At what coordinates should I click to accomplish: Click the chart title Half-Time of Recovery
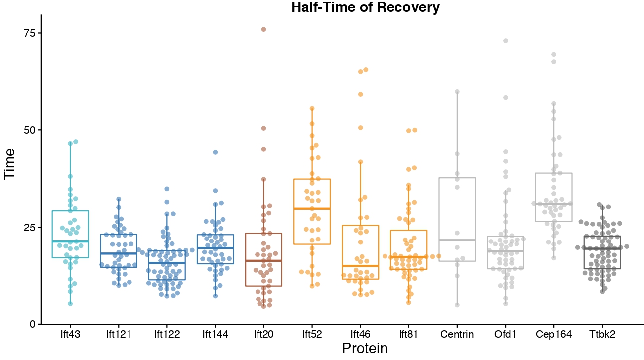(359, 7)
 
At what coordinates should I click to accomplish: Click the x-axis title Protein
(365, 348)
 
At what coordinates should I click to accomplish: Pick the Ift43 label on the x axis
(70, 334)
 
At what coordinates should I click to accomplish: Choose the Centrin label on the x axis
(457, 334)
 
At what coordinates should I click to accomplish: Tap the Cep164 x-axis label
(553, 334)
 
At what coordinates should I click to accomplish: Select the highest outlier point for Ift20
(263, 29)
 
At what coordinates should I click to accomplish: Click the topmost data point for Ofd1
(505, 41)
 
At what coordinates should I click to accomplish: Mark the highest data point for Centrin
(457, 92)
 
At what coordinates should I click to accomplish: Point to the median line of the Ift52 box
(312, 208)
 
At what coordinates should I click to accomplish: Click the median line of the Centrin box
(457, 240)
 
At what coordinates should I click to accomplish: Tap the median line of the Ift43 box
(70, 241)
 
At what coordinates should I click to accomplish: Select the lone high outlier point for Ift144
(215, 152)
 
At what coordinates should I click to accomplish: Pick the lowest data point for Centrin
(457, 305)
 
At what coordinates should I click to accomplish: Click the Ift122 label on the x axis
(167, 334)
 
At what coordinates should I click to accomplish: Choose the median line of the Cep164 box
(553, 204)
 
